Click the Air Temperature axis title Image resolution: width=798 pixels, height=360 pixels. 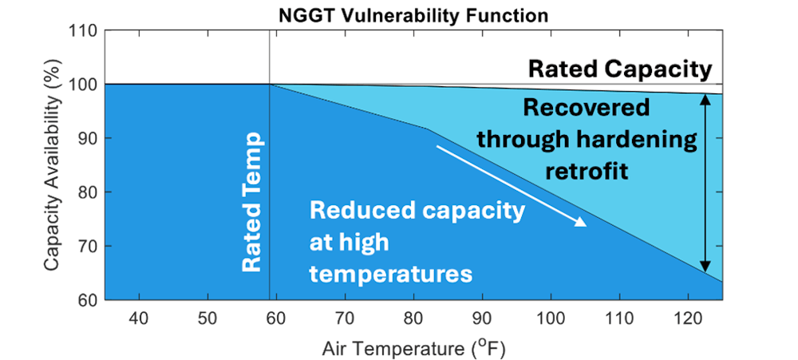[414, 348]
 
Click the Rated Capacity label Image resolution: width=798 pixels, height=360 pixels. [619, 69]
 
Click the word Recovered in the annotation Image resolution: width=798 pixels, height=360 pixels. [586, 108]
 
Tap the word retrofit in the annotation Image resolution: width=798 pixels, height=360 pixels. [586, 170]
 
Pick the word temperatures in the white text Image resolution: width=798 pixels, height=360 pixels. [391, 274]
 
